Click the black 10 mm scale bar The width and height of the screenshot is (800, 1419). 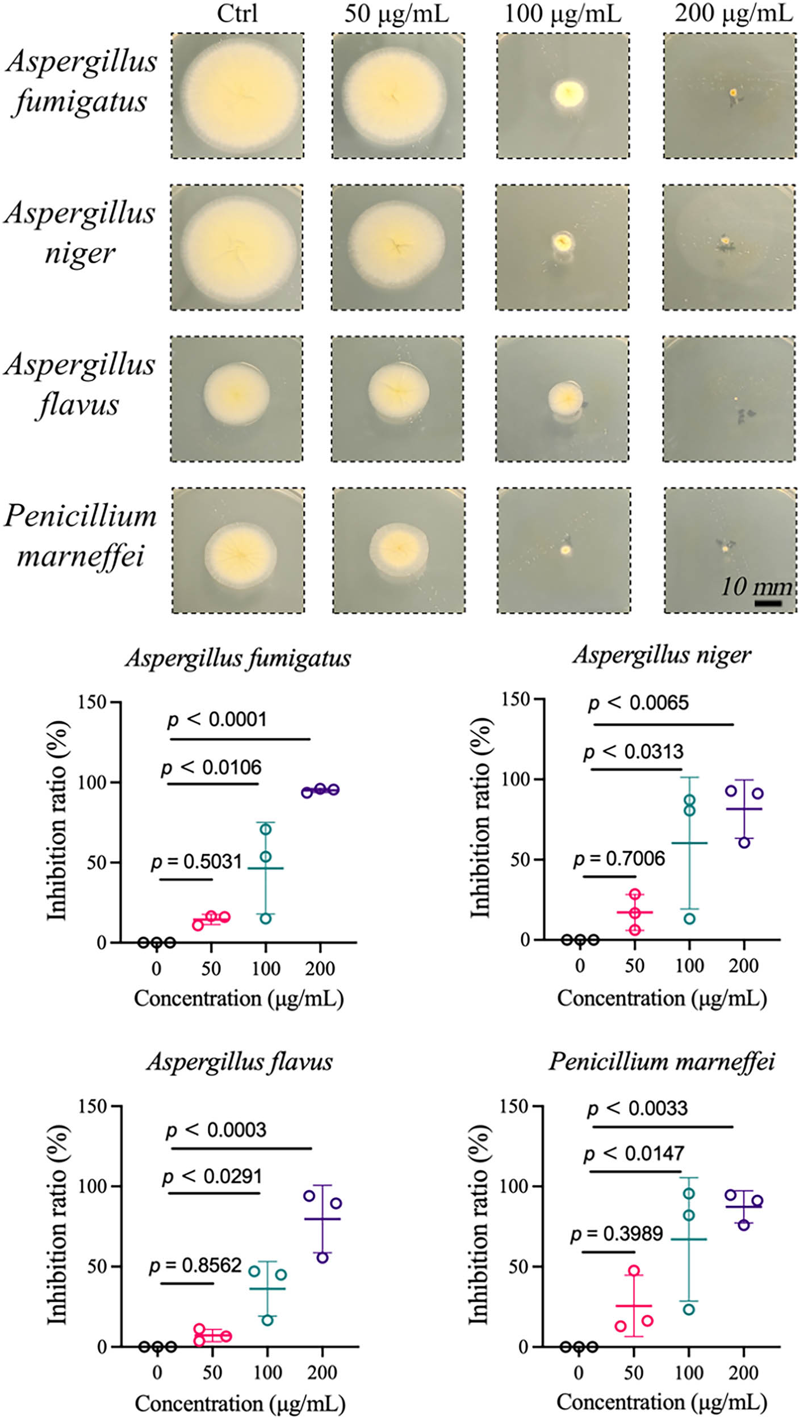(x=768, y=603)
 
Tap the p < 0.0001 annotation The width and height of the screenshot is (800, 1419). (x=217, y=720)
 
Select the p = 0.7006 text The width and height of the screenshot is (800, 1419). (x=619, y=858)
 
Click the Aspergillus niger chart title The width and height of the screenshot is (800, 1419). (x=661, y=654)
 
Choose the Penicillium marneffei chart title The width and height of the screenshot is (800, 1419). (x=661, y=1061)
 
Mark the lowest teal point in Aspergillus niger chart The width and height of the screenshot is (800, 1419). (x=689, y=919)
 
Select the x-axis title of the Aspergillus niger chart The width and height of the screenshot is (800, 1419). (x=661, y=998)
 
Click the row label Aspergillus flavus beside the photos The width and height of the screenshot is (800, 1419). (x=79, y=384)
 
